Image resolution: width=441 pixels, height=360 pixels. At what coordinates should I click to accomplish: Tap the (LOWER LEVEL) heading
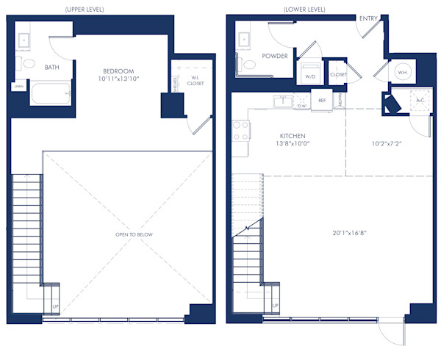click(x=304, y=10)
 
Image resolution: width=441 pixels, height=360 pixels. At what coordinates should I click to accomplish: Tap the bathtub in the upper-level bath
click(x=50, y=93)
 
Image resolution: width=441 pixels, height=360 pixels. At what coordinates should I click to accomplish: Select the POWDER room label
click(x=275, y=56)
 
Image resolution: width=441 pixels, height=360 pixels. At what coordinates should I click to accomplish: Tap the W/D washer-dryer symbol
click(x=309, y=74)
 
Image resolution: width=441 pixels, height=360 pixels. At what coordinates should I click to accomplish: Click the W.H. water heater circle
click(x=402, y=73)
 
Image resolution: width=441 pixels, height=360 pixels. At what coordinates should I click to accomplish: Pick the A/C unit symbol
click(x=420, y=101)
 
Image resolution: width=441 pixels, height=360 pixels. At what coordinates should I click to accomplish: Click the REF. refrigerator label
click(x=322, y=101)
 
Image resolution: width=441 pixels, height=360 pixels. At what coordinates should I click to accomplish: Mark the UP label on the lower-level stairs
click(x=275, y=305)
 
